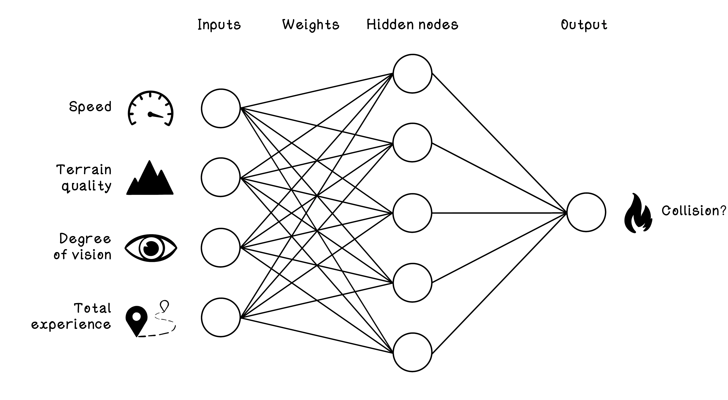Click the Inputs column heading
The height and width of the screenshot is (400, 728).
219,25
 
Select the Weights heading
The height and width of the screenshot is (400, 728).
311,25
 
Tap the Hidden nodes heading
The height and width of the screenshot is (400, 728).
412,25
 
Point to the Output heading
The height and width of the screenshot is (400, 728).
584,25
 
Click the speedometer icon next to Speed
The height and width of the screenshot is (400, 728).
150,109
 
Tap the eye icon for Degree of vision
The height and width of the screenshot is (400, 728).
151,248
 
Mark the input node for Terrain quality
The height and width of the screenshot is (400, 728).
221,177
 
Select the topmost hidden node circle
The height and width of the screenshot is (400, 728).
412,74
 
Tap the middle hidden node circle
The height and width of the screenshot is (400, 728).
412,213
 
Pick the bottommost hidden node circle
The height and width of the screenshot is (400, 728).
412,352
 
